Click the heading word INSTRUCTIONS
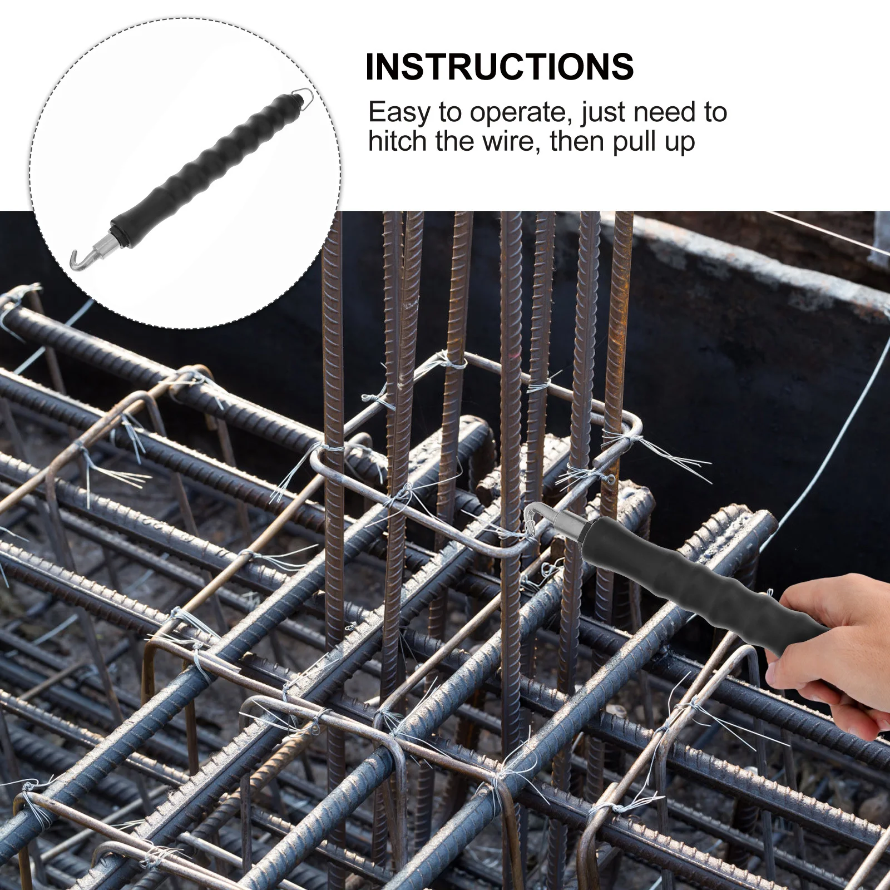coord(499,67)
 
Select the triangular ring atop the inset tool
coord(304,98)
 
